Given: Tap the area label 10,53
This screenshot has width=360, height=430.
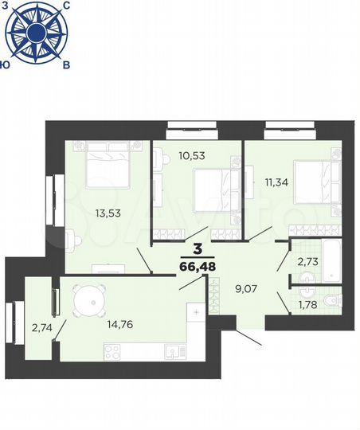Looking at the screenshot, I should pyautogui.click(x=192, y=155).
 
